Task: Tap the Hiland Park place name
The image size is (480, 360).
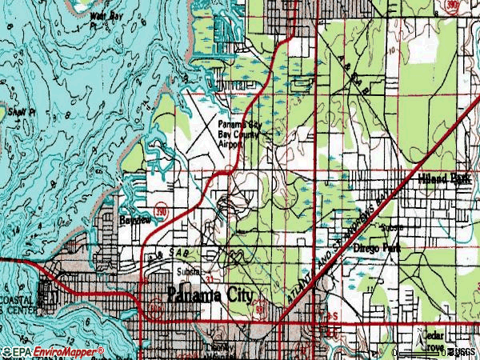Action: (444, 180)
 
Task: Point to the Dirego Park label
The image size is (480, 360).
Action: (377, 249)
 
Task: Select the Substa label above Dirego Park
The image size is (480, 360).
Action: (392, 227)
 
